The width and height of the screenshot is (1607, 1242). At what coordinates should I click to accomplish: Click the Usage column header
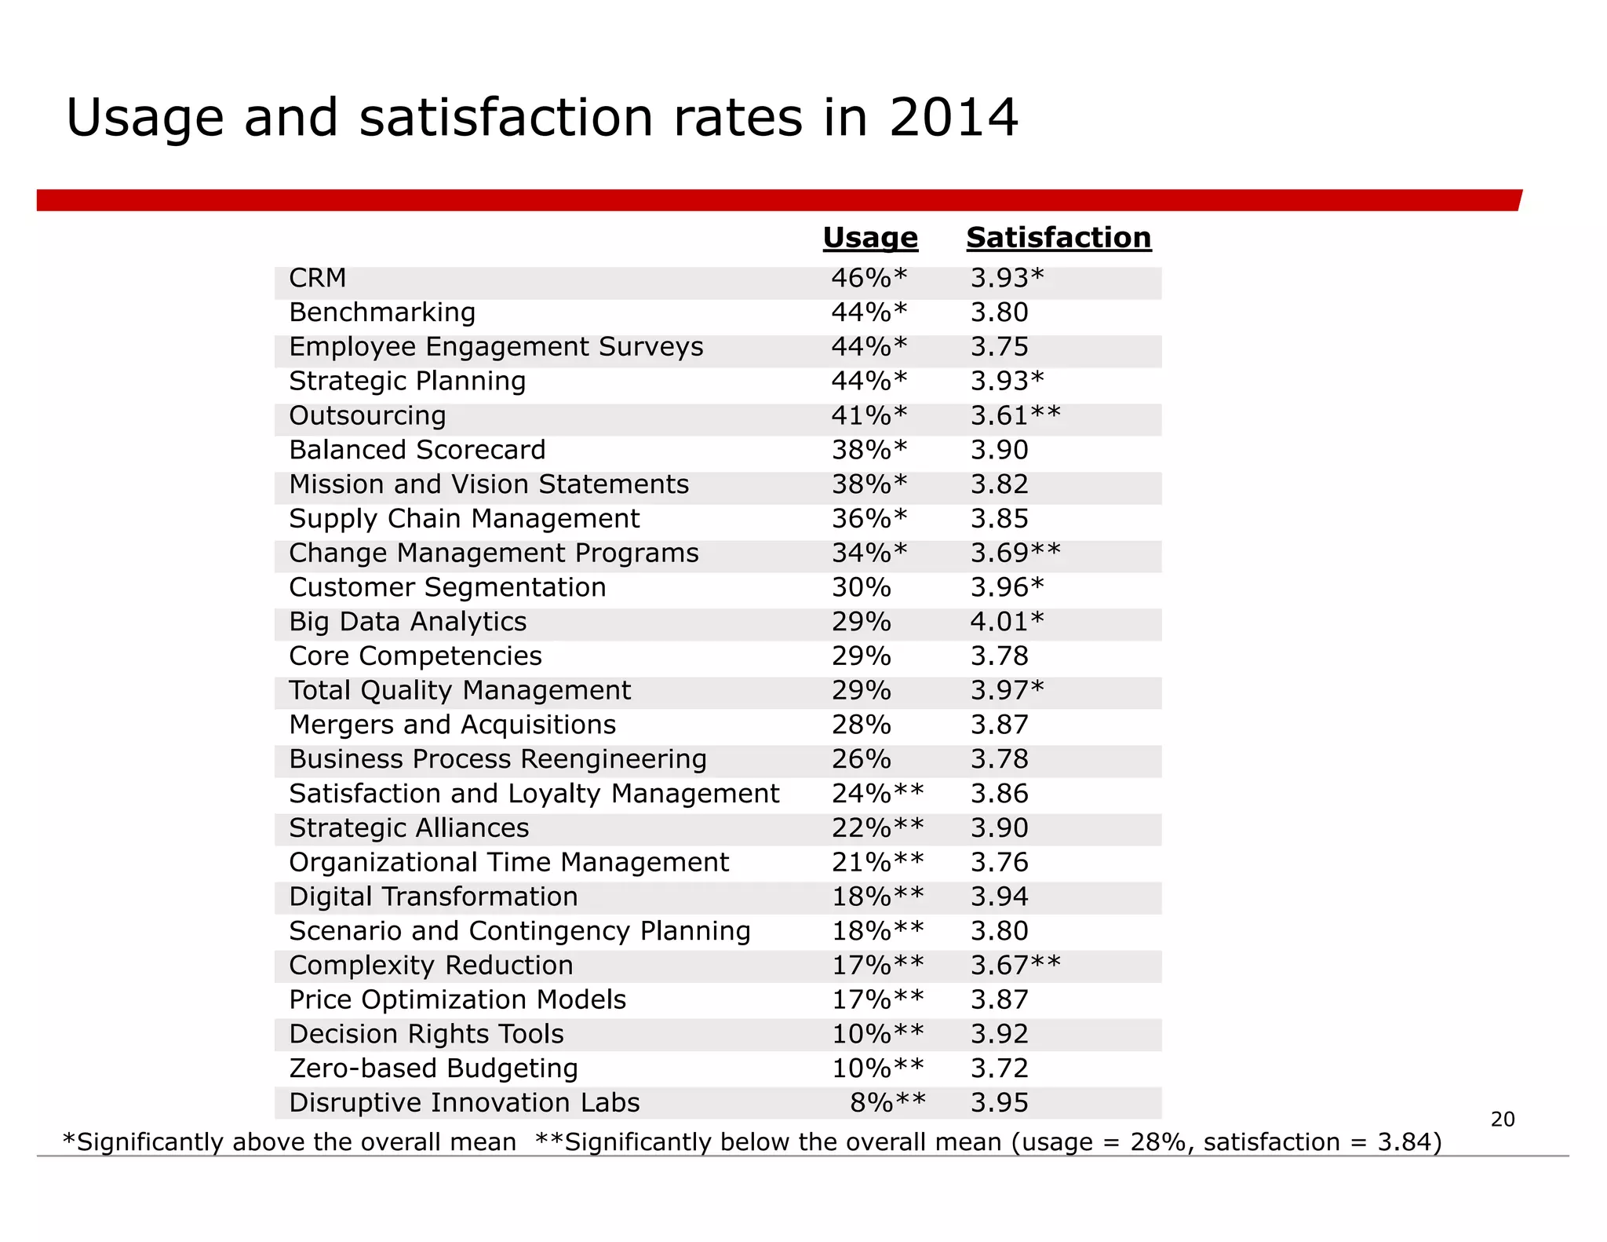(869, 237)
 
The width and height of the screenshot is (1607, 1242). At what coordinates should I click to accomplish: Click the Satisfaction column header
(1058, 237)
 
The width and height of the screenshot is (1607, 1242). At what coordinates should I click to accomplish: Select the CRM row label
(317, 278)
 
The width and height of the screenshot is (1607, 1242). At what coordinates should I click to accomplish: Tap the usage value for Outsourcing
(869, 415)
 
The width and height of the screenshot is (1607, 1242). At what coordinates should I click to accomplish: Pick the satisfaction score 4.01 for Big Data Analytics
(1007, 622)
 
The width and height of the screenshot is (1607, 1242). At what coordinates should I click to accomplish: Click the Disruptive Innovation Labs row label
(464, 1102)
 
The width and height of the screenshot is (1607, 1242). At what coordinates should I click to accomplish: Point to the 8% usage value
(887, 1102)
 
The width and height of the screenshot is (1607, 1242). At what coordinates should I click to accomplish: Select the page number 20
(1502, 1119)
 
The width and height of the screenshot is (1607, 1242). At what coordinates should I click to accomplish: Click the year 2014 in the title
(953, 118)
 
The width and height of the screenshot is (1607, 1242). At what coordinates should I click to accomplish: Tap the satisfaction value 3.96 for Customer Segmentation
(1007, 587)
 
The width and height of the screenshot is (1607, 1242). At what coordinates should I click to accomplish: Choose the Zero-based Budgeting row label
(433, 1068)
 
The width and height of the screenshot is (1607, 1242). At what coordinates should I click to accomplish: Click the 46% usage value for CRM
(869, 278)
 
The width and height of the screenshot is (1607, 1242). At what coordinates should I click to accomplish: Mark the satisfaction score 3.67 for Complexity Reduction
(1015, 965)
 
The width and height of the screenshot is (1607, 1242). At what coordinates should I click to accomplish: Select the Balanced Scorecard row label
(417, 450)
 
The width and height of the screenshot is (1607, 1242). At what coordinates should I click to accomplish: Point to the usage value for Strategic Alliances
(877, 827)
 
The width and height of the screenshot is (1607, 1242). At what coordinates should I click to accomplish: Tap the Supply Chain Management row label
(464, 519)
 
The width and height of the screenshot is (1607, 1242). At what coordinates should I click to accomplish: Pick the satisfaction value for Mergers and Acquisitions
(999, 725)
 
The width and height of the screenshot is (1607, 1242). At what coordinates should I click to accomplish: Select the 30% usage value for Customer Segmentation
(861, 587)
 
